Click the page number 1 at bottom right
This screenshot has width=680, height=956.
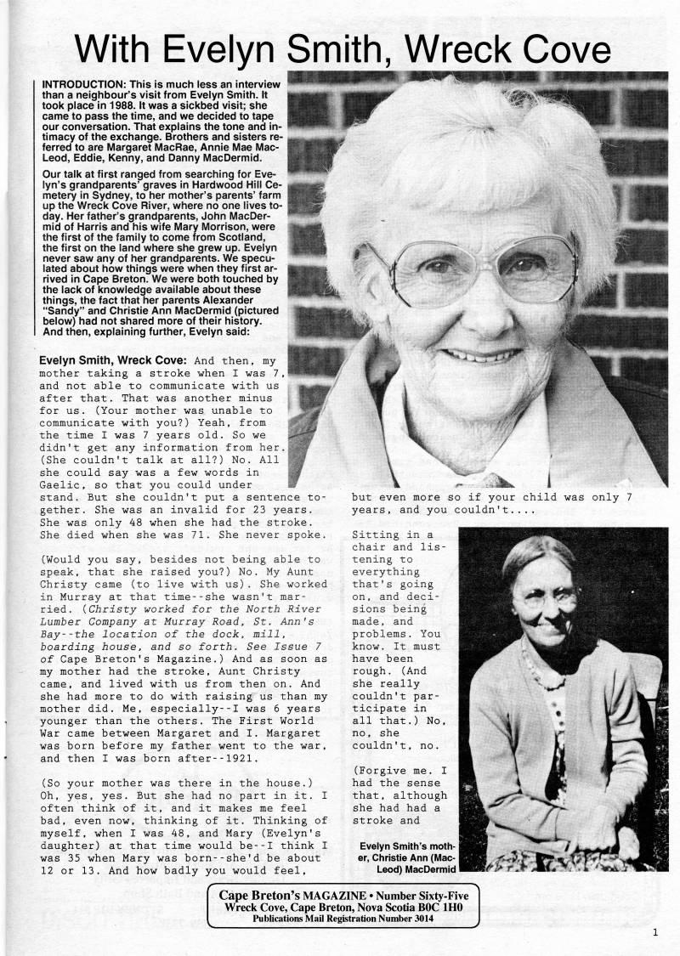(x=655, y=932)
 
